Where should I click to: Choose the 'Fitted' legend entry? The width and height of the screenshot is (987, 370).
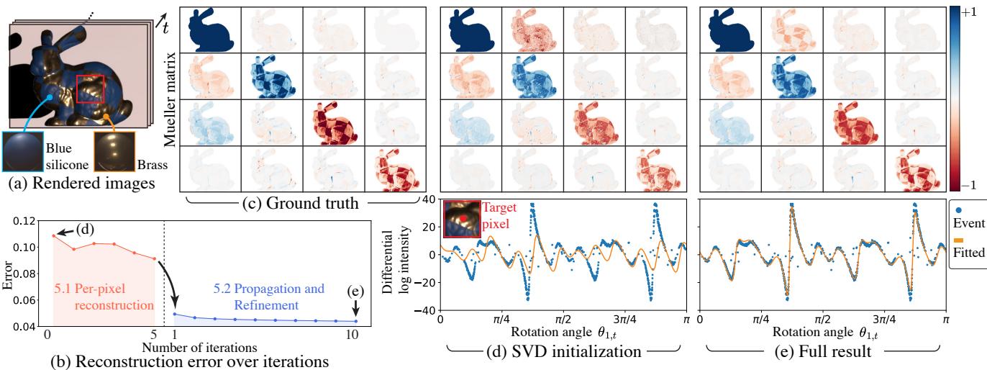pos(967,253)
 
